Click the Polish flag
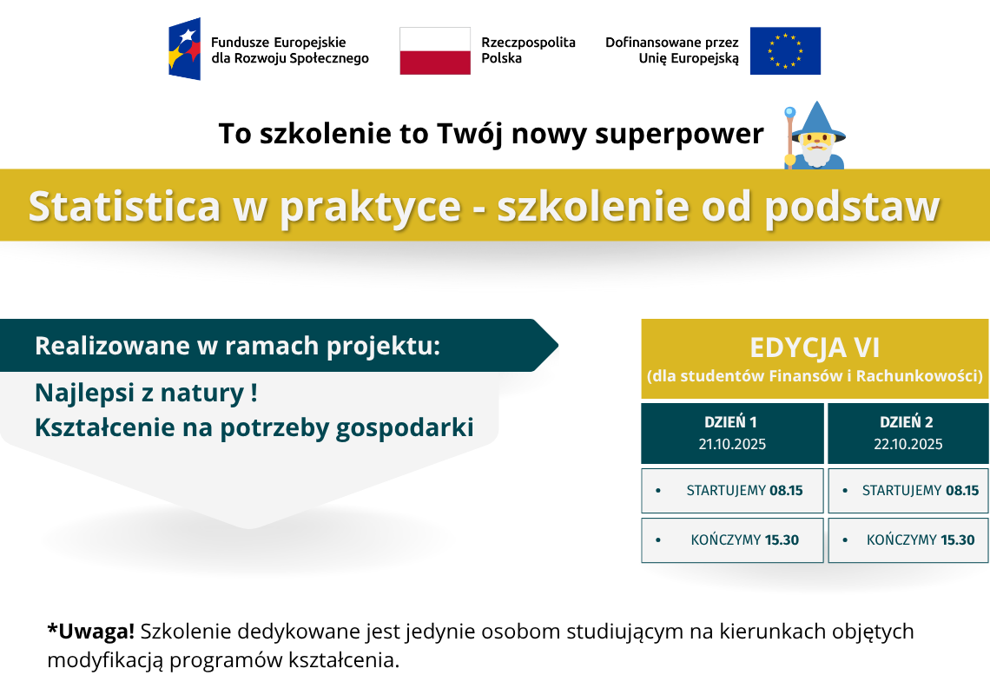pos(435,50)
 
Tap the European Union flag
pos(785,50)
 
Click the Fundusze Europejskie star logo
pos(184,49)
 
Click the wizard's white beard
pos(817,154)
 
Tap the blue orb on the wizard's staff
pos(790,112)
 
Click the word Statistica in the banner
pos(124,206)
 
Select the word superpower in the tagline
pos(679,134)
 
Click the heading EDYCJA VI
pos(815,347)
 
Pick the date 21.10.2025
pos(732,444)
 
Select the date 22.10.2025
pos(907,444)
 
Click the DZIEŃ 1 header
pos(730,422)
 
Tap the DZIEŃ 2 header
pos(907,422)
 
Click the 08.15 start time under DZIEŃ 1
pos(786,490)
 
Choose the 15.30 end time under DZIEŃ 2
pos(958,539)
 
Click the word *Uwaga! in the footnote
pos(91,632)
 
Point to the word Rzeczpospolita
pos(529,43)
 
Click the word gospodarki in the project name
pos(405,428)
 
